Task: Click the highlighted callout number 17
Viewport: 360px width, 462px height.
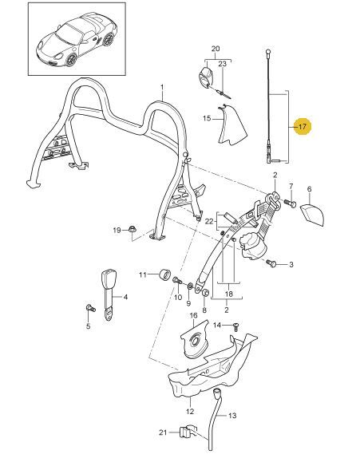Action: pyautogui.click(x=303, y=127)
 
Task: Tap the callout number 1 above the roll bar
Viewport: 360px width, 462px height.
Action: pyautogui.click(x=162, y=87)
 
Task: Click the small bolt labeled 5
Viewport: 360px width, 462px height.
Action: pyautogui.click(x=90, y=308)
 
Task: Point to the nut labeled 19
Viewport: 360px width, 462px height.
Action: pyautogui.click(x=133, y=229)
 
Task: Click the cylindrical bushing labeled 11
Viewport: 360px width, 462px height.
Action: pyautogui.click(x=164, y=275)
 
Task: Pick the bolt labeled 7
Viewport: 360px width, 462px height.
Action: pyautogui.click(x=290, y=203)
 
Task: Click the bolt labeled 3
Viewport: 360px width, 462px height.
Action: pyautogui.click(x=271, y=263)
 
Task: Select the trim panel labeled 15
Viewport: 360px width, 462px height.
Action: pyautogui.click(x=232, y=125)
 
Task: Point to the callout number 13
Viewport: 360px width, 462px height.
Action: pyautogui.click(x=232, y=416)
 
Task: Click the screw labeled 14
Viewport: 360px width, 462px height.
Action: pyautogui.click(x=236, y=327)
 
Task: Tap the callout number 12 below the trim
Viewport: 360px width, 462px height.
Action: pyautogui.click(x=190, y=411)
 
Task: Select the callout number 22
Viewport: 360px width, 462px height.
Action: pyautogui.click(x=209, y=221)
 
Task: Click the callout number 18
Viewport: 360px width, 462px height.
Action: pyautogui.click(x=229, y=294)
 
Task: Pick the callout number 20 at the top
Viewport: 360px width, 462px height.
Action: pyautogui.click(x=216, y=49)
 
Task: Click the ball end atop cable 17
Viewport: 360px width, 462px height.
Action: pyautogui.click(x=268, y=52)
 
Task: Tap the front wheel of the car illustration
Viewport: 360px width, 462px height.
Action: pyautogui.click(x=71, y=60)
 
